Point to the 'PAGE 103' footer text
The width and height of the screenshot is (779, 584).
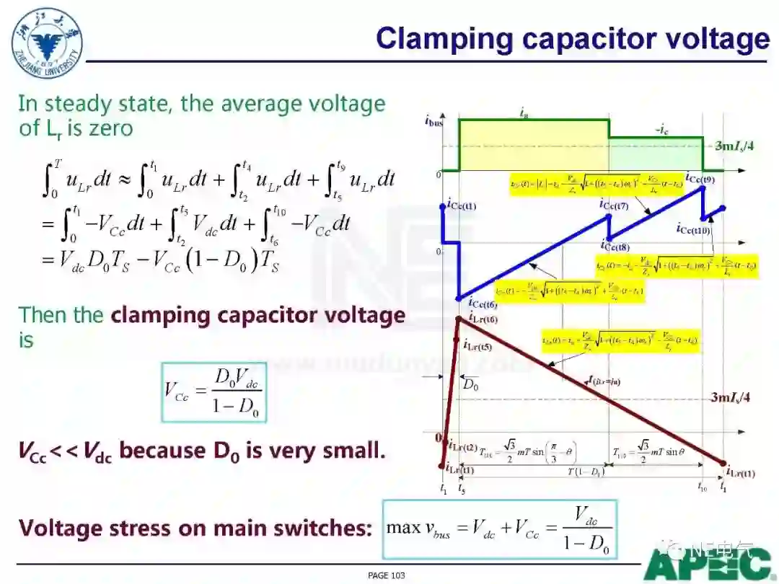click(387, 575)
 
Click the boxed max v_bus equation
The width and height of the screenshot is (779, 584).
click(500, 528)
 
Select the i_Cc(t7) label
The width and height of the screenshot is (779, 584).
click(615, 205)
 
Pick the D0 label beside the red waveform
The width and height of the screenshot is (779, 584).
click(471, 384)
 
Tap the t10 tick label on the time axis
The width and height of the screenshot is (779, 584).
click(702, 488)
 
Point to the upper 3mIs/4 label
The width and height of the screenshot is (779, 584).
click(734, 146)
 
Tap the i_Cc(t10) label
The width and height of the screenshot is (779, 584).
click(694, 229)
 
